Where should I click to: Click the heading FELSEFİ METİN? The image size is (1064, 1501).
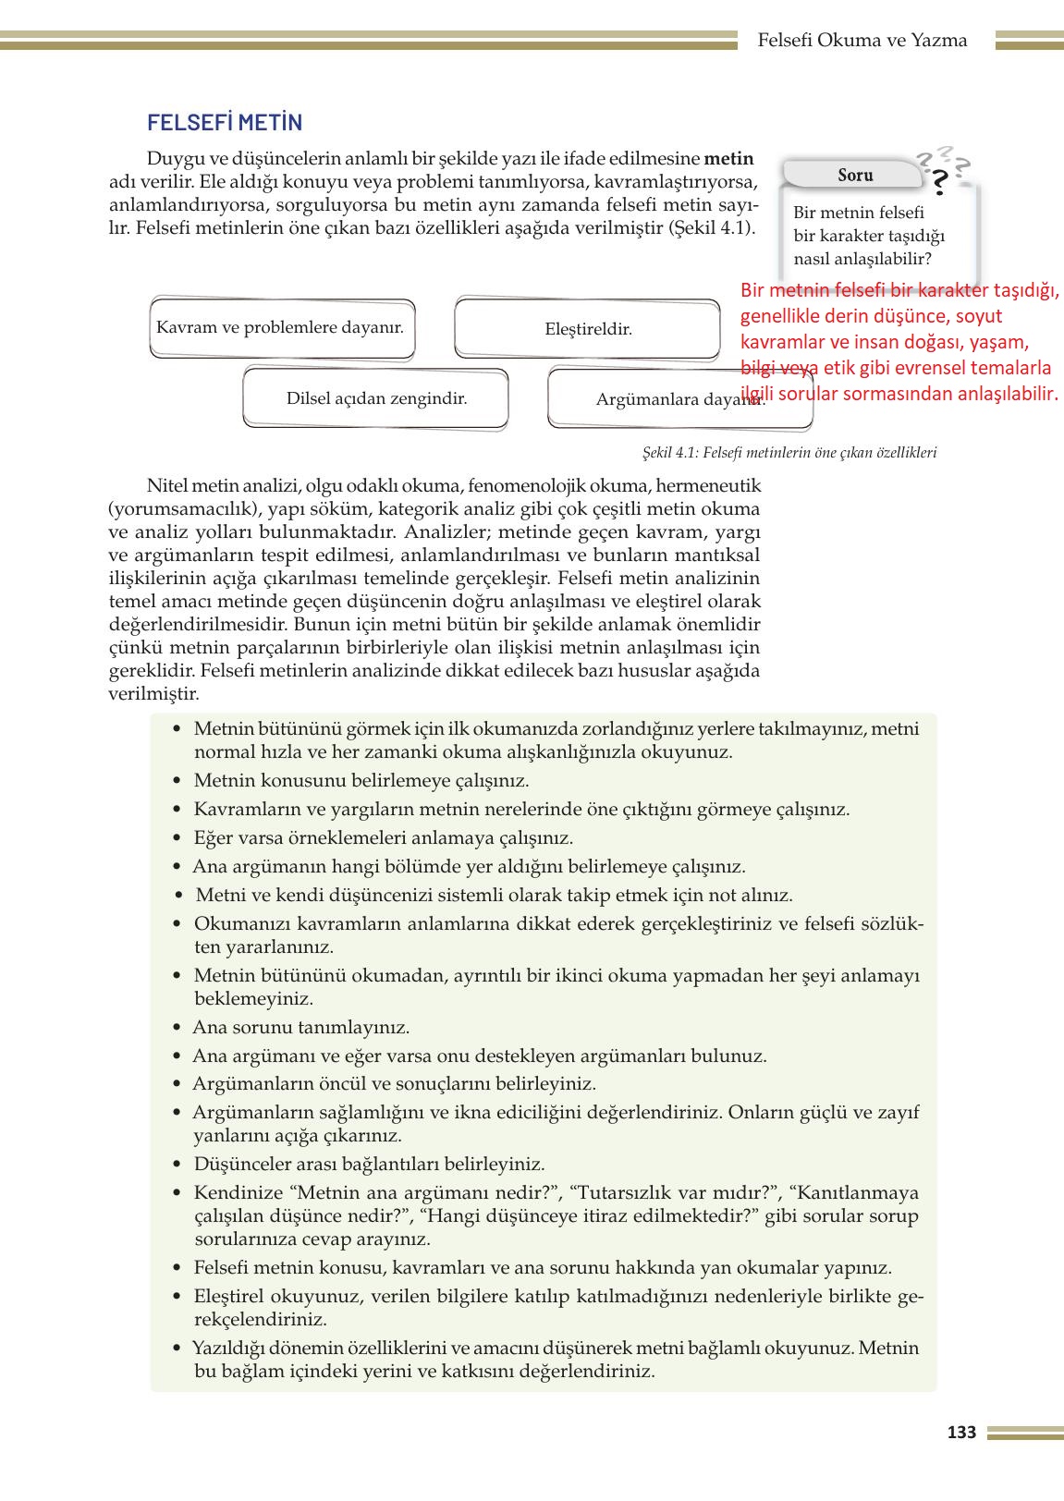click(225, 123)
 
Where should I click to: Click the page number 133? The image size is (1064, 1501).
click(961, 1433)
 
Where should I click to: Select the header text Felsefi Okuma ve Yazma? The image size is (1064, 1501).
click(862, 41)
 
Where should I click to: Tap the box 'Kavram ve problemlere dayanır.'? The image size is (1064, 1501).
click(280, 327)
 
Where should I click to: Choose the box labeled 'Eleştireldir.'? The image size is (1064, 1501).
click(588, 328)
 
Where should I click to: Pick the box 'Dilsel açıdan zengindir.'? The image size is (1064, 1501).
click(376, 399)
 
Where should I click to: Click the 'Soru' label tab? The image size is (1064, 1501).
click(854, 175)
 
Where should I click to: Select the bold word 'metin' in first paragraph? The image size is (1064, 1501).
click(728, 158)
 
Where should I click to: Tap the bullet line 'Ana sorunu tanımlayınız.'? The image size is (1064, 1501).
click(301, 1027)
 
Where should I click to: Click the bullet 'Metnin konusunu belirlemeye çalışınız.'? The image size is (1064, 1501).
click(361, 780)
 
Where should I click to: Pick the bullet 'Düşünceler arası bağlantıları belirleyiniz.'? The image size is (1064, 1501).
click(369, 1164)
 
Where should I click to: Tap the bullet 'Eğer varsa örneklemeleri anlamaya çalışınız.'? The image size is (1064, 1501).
click(383, 837)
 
